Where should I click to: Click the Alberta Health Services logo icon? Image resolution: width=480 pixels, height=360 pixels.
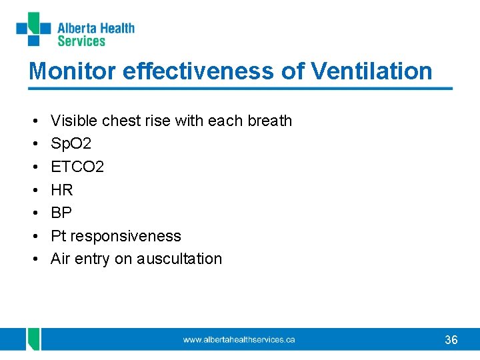(x=33, y=29)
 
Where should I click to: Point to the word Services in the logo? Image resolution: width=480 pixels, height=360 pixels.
(x=81, y=41)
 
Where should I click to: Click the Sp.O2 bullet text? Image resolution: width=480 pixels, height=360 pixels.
(x=70, y=144)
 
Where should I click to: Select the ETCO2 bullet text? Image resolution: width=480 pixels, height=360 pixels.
(x=77, y=167)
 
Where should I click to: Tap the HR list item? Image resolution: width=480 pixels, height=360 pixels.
(x=62, y=190)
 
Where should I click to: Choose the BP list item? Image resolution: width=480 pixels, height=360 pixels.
(x=61, y=213)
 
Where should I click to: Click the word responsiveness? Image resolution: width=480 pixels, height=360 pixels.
(x=125, y=236)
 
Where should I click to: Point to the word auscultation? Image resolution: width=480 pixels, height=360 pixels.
(x=179, y=259)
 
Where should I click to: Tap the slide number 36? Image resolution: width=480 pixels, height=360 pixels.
(x=451, y=340)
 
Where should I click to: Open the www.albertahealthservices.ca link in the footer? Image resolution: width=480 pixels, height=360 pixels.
(x=239, y=340)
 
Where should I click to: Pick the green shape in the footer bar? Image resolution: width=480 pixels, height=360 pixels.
(x=33, y=339)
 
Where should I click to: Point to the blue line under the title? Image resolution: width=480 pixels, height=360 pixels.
(x=240, y=88)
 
